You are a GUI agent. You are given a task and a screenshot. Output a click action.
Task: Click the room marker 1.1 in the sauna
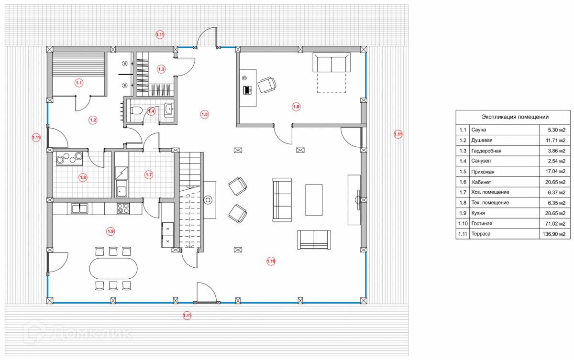(79, 83)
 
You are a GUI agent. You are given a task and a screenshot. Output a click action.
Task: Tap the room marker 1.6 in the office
(296, 107)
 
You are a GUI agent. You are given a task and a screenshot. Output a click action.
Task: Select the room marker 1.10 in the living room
(271, 261)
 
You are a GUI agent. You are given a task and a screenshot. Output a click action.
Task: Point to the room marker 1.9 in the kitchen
(110, 231)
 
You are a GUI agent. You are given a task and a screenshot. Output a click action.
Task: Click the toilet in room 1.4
(136, 111)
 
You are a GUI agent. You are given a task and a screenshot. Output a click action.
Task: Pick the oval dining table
(113, 269)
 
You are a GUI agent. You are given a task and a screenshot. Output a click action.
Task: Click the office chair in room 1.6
(266, 85)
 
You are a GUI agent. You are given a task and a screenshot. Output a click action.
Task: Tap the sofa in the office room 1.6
(331, 63)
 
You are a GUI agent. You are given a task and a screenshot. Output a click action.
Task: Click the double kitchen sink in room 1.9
(79, 208)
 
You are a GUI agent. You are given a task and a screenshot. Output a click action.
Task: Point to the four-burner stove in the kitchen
(123, 208)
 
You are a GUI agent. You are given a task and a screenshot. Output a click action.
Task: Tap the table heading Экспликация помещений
(515, 117)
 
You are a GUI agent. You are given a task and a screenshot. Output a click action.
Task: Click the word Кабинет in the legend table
(482, 182)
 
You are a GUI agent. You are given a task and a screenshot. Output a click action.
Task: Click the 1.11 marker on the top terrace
(160, 34)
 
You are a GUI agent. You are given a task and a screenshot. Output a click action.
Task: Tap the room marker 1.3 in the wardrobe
(161, 69)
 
